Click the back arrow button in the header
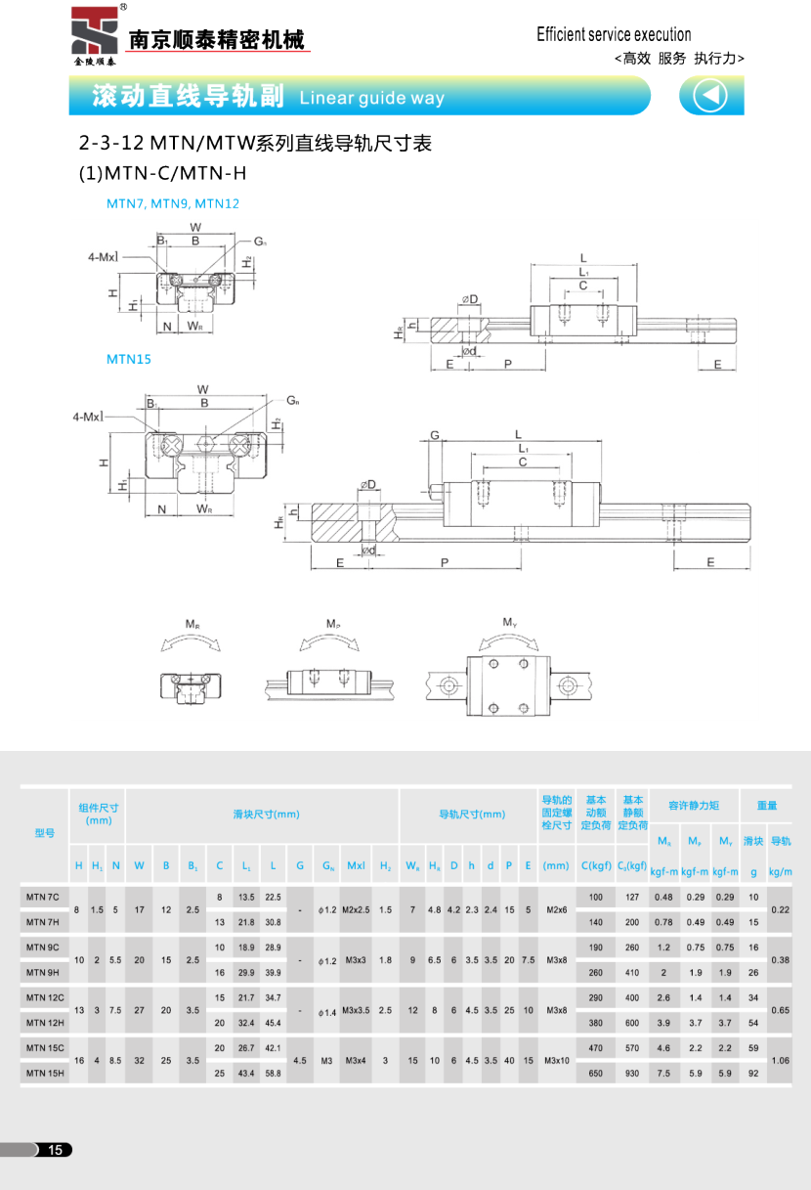tap(710, 96)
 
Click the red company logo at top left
tap(95, 32)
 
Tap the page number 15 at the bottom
tap(56, 1150)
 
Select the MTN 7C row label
tap(43, 897)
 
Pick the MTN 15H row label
tap(44, 1073)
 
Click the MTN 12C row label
tap(44, 997)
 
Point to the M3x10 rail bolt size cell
tap(557, 1060)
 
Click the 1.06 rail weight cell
tap(780, 1060)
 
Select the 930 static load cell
tap(632, 1073)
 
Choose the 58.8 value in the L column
tap(273, 1073)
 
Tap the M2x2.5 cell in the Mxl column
tap(357, 909)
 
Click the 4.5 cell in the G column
tap(300, 1060)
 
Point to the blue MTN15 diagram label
tap(129, 359)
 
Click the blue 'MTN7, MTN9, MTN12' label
tap(173, 204)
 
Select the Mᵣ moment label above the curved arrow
tap(192, 624)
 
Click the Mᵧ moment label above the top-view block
tap(509, 622)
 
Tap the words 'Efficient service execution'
tap(614, 35)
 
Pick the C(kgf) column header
tap(595, 866)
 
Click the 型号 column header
tap(44, 833)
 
